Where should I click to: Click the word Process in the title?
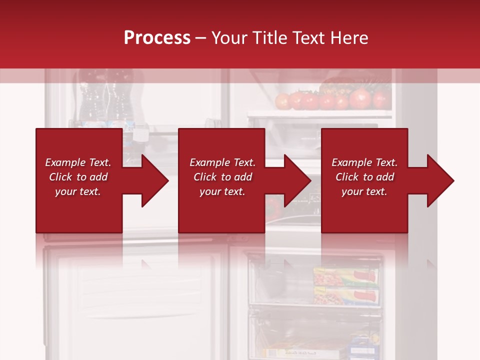(157, 38)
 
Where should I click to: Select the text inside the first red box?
(78, 177)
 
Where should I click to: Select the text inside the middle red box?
(222, 177)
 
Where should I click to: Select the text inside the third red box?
(364, 177)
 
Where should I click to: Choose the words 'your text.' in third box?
(364, 191)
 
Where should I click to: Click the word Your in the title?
(229, 38)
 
